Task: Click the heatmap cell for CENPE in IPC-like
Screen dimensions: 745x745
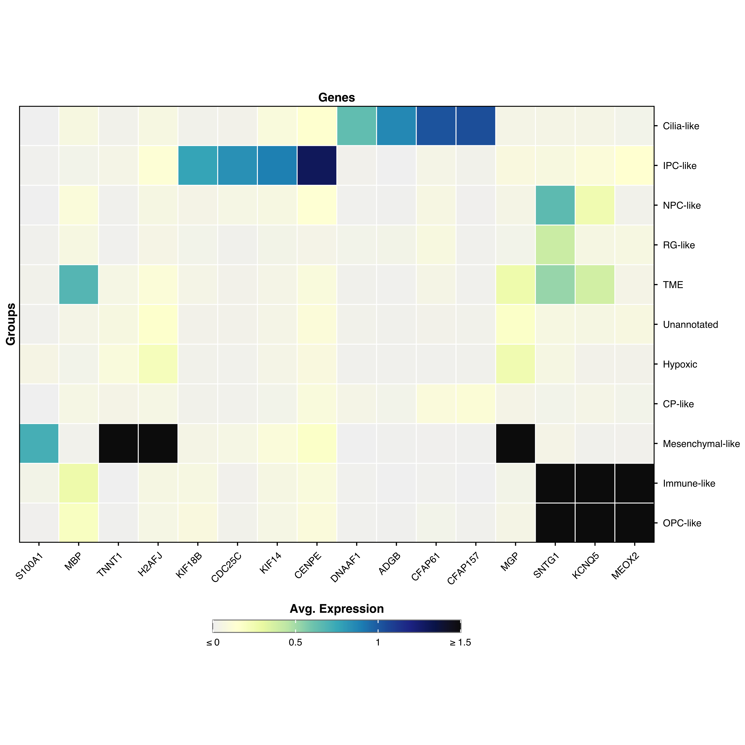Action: click(x=317, y=165)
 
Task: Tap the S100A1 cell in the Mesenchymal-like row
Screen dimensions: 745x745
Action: click(x=39, y=443)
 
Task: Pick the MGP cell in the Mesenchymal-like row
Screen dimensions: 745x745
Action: click(x=515, y=443)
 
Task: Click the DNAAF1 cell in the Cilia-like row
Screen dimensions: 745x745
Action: click(x=356, y=126)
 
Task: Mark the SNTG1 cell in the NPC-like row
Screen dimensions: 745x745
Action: click(x=555, y=205)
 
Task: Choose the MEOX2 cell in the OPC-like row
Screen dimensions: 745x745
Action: click(x=634, y=523)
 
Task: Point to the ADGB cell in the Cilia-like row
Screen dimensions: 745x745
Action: click(x=396, y=126)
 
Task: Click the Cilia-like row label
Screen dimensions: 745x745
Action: click(x=681, y=126)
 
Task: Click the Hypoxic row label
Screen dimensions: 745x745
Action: click(x=680, y=364)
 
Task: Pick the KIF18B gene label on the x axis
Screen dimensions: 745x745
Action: click(x=189, y=565)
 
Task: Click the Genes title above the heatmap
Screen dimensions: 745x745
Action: click(x=336, y=98)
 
